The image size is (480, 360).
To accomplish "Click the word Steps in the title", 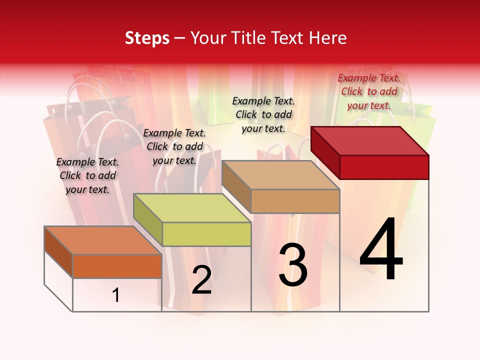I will [147, 38].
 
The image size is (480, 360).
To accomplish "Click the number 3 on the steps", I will [293, 265].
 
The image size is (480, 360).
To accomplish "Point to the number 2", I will [201, 280].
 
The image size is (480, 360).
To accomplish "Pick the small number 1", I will [116, 295].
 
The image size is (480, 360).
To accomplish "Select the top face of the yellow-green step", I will [192, 208].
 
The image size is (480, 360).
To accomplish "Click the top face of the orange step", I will [103, 240].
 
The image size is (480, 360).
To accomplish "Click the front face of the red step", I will [384, 167].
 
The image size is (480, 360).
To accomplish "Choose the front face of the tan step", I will [295, 201].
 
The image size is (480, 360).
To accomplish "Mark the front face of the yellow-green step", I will [206, 234].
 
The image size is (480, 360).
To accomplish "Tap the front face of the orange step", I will [117, 266].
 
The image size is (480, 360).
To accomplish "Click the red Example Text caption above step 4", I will [369, 91].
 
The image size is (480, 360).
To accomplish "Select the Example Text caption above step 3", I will [263, 114].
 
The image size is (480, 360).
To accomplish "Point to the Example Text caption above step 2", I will [174, 146].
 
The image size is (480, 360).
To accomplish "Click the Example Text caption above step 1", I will [87, 175].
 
